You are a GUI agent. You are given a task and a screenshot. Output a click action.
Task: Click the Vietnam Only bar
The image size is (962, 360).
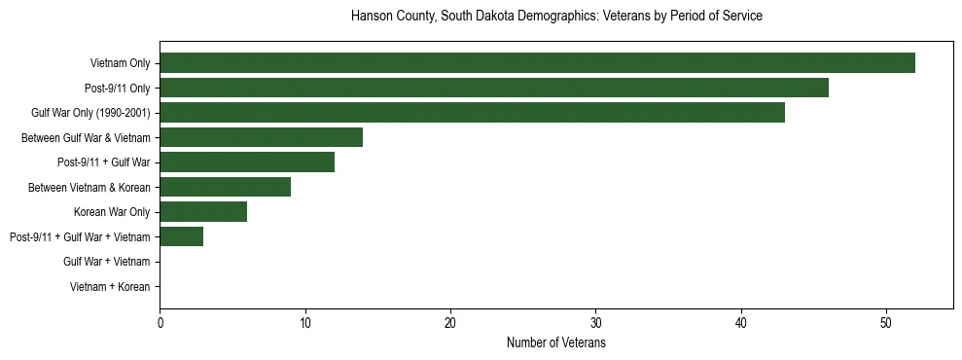537,63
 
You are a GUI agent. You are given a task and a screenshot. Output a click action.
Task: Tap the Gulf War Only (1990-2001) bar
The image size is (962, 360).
472,113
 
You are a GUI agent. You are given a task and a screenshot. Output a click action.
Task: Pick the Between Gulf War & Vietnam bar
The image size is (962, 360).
261,137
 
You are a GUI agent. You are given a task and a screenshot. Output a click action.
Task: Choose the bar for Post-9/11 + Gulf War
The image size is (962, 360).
247,162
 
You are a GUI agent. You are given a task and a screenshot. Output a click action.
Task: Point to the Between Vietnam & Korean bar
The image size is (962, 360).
225,187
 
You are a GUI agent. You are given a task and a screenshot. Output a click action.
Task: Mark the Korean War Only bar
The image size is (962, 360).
203,212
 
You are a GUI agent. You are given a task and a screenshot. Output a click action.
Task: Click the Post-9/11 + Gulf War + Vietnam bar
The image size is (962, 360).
181,236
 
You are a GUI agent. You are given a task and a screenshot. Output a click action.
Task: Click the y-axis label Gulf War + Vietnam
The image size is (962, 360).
106,262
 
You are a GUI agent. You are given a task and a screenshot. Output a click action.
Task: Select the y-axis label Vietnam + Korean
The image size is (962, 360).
110,287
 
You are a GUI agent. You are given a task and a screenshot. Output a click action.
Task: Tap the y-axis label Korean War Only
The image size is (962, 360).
112,212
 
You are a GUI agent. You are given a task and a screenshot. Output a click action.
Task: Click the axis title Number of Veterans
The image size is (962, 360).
556,343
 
